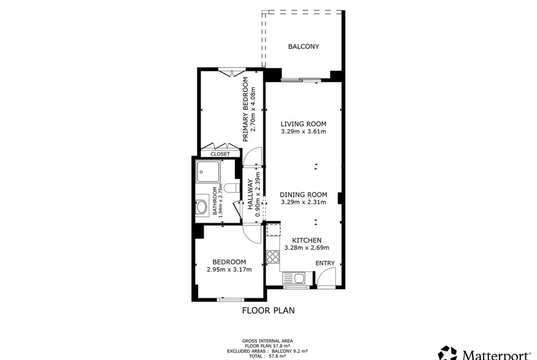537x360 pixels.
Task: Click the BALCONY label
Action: (x=303, y=46)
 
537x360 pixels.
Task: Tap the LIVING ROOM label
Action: (x=303, y=124)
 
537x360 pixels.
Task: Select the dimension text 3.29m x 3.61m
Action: (x=303, y=132)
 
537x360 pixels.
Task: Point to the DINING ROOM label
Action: (x=303, y=194)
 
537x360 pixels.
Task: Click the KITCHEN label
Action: (x=307, y=240)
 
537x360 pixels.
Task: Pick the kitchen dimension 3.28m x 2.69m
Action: (x=307, y=248)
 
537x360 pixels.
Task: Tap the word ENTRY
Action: (x=325, y=263)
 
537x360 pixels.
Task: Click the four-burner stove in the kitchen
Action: (x=273, y=257)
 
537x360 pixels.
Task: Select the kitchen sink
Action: (x=294, y=278)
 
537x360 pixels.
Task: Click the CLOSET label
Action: (x=220, y=154)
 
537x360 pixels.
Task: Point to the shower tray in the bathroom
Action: (x=208, y=172)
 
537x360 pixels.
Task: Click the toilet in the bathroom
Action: (x=231, y=188)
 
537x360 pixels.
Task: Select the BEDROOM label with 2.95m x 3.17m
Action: (x=229, y=266)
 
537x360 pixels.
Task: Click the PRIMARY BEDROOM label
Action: (x=245, y=109)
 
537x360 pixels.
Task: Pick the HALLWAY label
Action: (x=250, y=194)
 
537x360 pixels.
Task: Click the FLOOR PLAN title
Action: (x=268, y=310)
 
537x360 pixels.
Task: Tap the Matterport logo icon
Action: (x=447, y=354)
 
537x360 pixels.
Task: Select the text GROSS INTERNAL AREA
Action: (x=268, y=341)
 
